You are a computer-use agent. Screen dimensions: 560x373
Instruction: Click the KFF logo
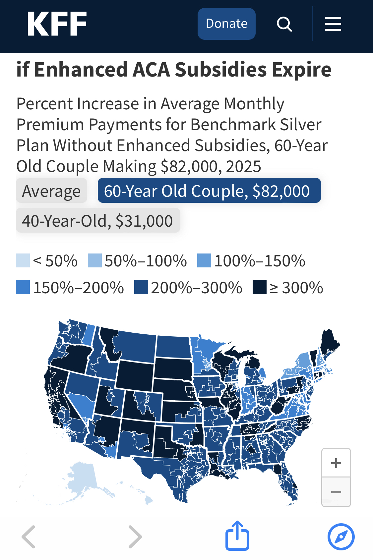click(57, 24)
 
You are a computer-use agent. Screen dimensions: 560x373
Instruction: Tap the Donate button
click(226, 24)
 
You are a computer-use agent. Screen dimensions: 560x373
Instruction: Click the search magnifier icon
click(284, 24)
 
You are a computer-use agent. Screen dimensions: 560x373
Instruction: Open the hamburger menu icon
click(333, 24)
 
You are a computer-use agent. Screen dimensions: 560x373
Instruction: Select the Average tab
click(51, 191)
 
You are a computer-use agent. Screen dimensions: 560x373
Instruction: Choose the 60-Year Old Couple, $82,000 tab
click(209, 191)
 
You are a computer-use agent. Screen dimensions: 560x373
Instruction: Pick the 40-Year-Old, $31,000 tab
click(98, 221)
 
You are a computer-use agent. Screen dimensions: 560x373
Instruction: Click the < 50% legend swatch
click(23, 261)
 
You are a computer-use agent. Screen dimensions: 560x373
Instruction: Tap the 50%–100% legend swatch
click(95, 261)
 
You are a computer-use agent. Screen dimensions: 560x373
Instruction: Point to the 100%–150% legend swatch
click(204, 261)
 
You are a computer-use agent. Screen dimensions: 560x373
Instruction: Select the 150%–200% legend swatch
click(23, 288)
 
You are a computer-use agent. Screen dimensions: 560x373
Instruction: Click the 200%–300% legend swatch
click(141, 288)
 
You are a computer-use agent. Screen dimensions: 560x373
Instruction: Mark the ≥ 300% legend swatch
click(260, 288)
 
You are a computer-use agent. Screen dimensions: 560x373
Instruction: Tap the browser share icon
click(237, 536)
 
